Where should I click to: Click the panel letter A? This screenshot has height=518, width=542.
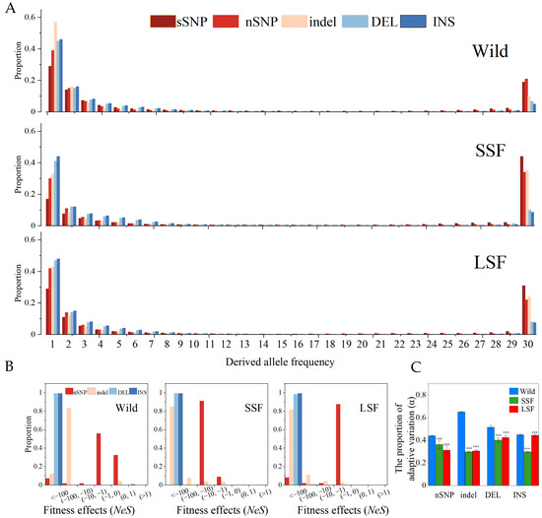(7, 8)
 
